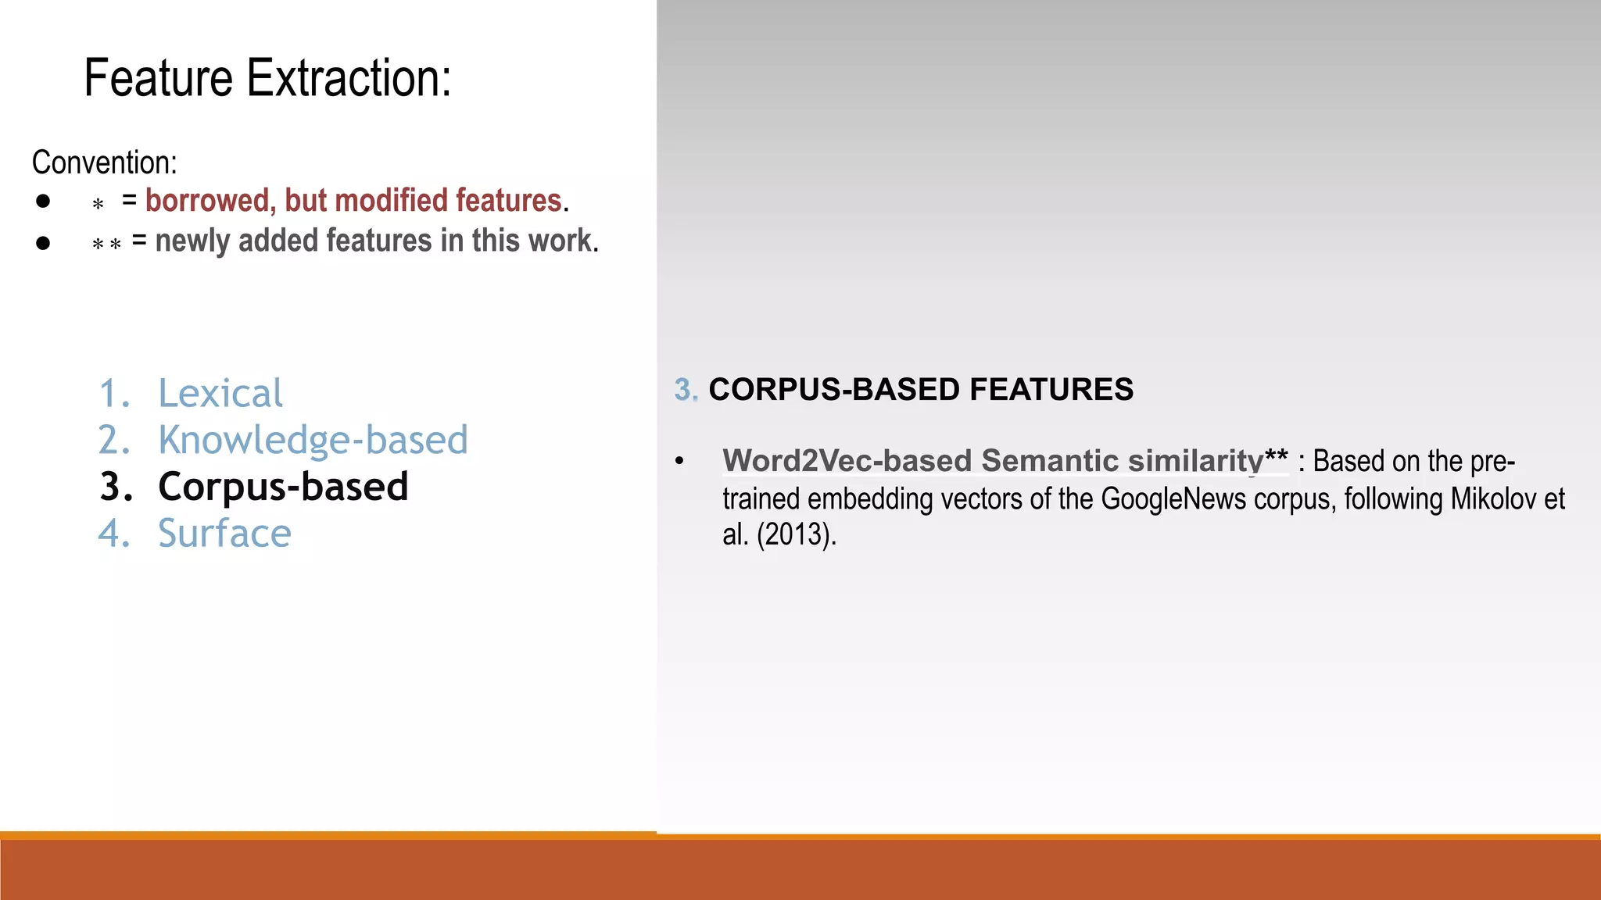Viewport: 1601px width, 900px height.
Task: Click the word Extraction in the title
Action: [x=349, y=78]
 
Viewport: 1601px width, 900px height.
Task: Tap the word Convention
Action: [x=104, y=162]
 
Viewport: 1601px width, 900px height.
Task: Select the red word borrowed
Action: [x=207, y=201]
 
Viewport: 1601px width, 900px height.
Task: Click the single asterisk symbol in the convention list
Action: [x=98, y=205]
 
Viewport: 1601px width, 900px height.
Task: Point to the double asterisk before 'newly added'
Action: [x=106, y=245]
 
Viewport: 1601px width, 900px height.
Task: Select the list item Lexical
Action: [x=220, y=393]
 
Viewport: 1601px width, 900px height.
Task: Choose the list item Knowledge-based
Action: [x=313, y=440]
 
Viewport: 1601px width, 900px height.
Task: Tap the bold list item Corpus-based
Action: [x=283, y=487]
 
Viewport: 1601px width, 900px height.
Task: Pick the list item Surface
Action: [x=224, y=534]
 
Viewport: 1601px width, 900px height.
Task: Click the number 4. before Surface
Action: [x=114, y=534]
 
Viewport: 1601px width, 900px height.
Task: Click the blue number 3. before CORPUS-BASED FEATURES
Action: [x=686, y=389]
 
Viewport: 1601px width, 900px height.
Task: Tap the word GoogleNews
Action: [x=1173, y=498]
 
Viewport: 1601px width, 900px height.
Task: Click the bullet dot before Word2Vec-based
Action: [x=679, y=461]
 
